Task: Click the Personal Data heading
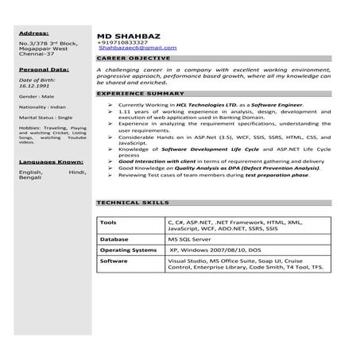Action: click(43, 70)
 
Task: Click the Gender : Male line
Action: click(37, 104)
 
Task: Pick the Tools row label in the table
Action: click(109, 223)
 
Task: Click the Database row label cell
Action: click(116, 238)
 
